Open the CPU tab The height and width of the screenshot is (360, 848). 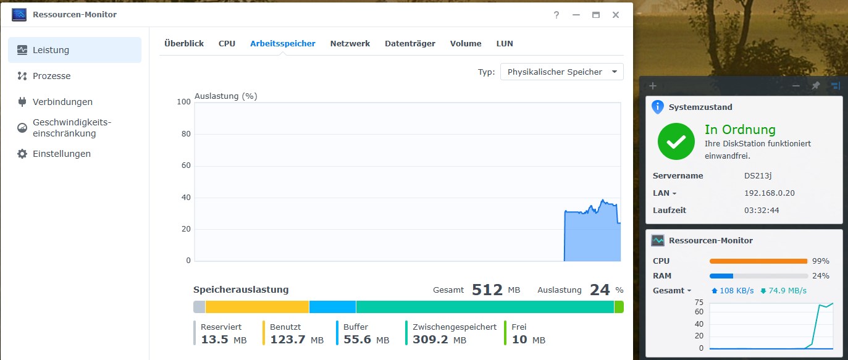[227, 43]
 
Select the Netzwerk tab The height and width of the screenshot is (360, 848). [350, 43]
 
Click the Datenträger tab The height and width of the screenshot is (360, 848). [409, 43]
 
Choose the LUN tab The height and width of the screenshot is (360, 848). [505, 43]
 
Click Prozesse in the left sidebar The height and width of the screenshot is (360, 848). [51, 76]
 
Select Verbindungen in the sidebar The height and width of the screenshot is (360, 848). [62, 102]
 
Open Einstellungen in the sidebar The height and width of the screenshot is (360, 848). [61, 154]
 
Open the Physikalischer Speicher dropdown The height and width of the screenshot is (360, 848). [561, 72]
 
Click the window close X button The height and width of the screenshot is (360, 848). [615, 15]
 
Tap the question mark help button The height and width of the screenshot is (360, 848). [556, 15]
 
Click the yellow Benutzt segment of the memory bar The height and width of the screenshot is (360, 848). [257, 307]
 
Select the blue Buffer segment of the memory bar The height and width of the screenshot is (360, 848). [332, 307]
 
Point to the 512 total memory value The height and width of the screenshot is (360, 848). [487, 290]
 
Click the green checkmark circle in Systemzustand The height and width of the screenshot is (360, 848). [676, 141]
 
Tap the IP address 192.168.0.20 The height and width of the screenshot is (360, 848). [769, 193]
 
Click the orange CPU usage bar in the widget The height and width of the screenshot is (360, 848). [758, 261]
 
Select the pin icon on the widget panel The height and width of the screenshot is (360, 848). [815, 86]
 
